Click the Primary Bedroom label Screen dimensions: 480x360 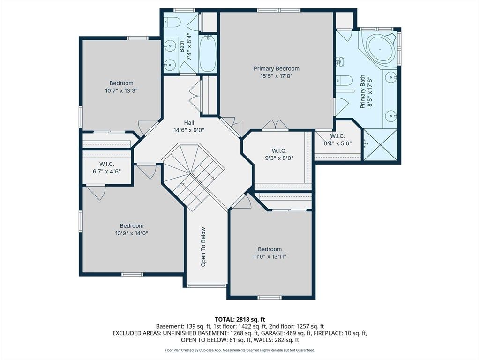[x=277, y=68]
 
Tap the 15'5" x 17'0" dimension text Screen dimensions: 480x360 [x=277, y=76]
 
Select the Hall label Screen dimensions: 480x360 [x=189, y=123]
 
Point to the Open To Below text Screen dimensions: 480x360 [x=203, y=247]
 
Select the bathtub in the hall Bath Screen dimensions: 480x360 [x=208, y=54]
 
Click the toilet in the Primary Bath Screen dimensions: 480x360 [x=342, y=80]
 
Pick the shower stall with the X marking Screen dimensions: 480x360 [x=380, y=144]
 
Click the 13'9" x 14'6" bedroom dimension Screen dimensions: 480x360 [x=132, y=233]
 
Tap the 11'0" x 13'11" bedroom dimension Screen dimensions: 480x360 [x=270, y=256]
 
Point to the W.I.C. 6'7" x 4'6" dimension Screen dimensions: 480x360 [x=107, y=172]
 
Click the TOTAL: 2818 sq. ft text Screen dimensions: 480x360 [x=240, y=320]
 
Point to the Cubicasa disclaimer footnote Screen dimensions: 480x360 [x=240, y=350]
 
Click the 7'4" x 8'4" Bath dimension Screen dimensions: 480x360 [x=189, y=46]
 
